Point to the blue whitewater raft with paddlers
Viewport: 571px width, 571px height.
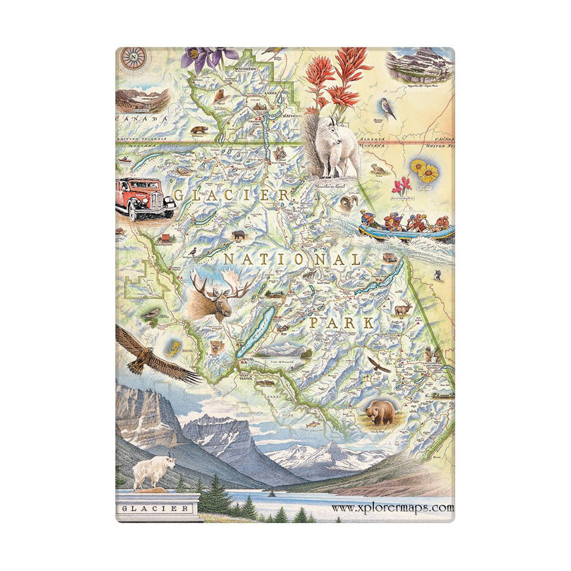407,227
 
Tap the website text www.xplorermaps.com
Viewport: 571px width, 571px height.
392,507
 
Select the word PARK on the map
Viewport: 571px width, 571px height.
341,323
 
